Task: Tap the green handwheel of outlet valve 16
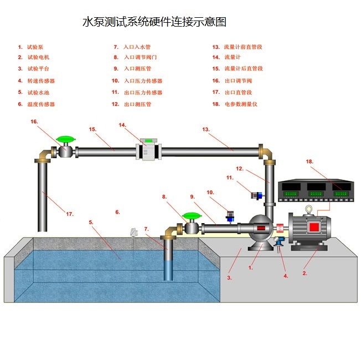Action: [x=66, y=139]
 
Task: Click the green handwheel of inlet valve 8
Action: [x=192, y=216]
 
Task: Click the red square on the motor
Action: [x=313, y=226]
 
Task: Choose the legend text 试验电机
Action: [x=38, y=57]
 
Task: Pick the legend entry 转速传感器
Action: [x=41, y=81]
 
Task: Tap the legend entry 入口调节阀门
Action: [x=141, y=57]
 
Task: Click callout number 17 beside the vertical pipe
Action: [x=70, y=214]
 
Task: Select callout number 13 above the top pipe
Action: [x=205, y=129]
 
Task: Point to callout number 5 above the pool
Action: [x=91, y=223]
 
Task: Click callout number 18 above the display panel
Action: [x=310, y=162]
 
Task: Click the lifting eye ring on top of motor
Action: [x=308, y=211]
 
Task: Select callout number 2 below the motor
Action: [x=304, y=273]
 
